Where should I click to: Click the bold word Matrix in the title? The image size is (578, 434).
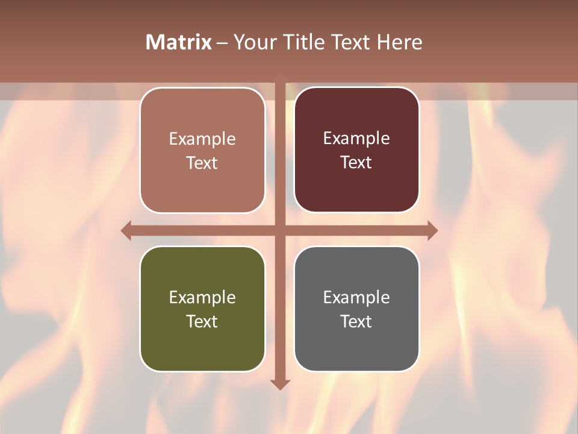click(x=179, y=42)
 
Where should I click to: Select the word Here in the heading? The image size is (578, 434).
click(x=399, y=42)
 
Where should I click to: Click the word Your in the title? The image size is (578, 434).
click(x=253, y=42)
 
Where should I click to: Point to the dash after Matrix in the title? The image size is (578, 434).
click(x=222, y=43)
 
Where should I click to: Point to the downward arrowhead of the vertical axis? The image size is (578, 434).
click(x=280, y=384)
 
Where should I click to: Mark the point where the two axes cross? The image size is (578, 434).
click(x=280, y=230)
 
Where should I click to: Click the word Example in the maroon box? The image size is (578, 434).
click(x=356, y=138)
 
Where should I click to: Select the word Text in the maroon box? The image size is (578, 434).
click(x=356, y=162)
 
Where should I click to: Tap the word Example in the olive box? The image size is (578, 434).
click(x=202, y=297)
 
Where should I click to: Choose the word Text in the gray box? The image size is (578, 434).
click(x=356, y=321)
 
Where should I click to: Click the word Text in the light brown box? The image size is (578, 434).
click(x=202, y=163)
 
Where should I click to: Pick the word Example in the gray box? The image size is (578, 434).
click(x=356, y=297)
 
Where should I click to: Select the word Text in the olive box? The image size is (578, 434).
click(x=202, y=321)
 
